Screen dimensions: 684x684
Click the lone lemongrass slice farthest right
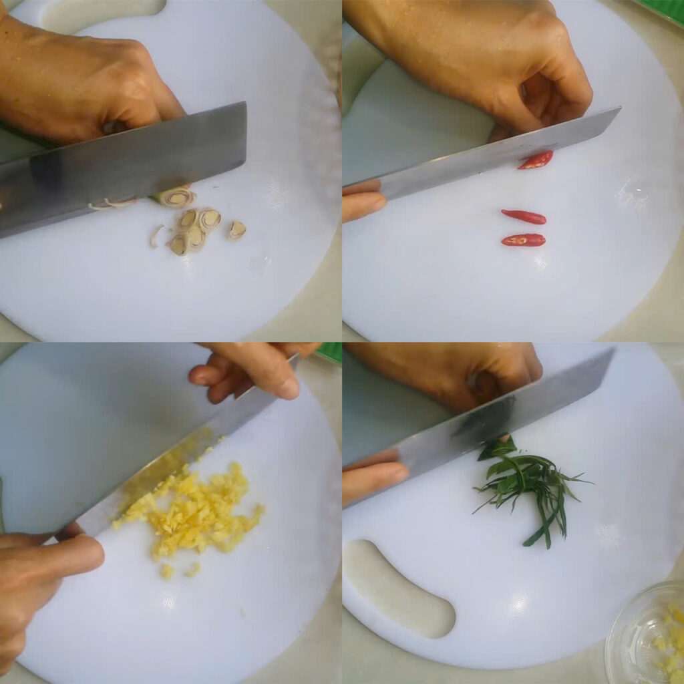pyautogui.click(x=236, y=230)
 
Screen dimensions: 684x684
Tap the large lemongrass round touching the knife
pyautogui.click(x=176, y=197)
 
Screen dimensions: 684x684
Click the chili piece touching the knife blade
pyautogui.click(x=536, y=160)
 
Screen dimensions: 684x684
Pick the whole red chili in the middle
pyautogui.click(x=524, y=216)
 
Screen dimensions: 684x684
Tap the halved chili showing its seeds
pyautogui.click(x=523, y=240)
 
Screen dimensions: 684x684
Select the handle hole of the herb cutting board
pyautogui.click(x=401, y=588)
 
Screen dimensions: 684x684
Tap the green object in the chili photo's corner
pyautogui.click(x=661, y=9)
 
